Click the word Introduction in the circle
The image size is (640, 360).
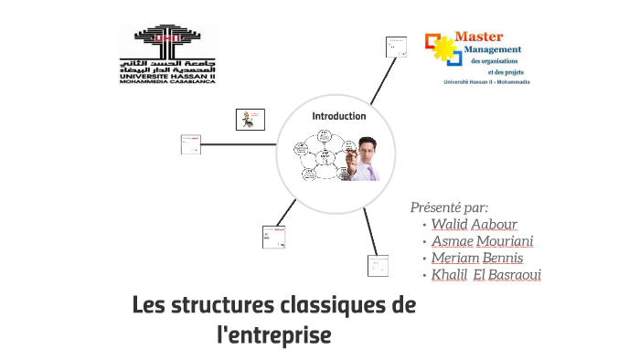(x=338, y=116)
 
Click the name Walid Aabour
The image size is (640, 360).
(x=475, y=224)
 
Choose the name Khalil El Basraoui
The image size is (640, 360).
(x=486, y=275)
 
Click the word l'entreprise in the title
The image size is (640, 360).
(x=273, y=335)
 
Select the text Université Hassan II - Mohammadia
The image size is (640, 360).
(x=485, y=82)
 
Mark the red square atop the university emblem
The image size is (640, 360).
(x=170, y=36)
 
